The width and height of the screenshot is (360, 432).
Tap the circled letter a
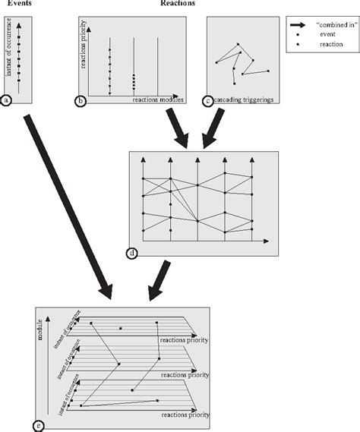point(7,99)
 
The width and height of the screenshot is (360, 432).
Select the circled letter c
point(209,99)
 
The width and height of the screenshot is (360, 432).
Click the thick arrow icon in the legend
point(300,24)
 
